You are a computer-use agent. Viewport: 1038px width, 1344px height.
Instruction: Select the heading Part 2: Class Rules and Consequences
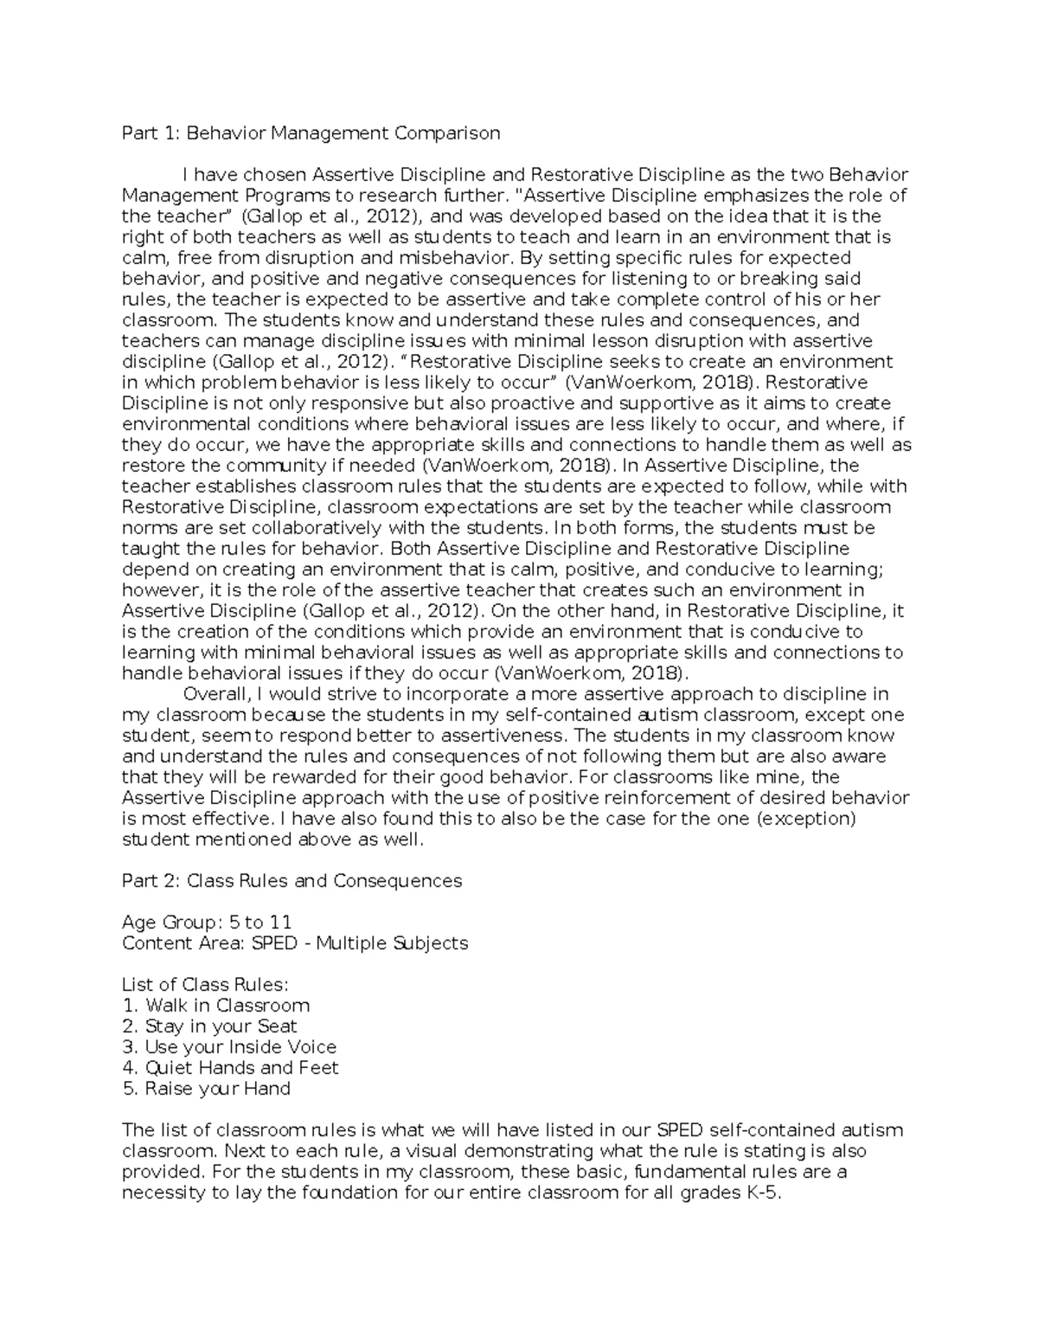(x=292, y=881)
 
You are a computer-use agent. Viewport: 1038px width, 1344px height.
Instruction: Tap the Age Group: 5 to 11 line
(x=207, y=923)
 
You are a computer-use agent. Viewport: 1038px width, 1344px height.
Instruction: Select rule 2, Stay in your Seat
(x=210, y=1026)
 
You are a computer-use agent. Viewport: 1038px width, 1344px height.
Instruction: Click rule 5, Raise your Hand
(x=207, y=1089)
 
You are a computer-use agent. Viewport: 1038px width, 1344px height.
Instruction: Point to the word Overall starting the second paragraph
(x=215, y=694)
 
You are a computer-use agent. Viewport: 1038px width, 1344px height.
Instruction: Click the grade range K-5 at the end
(x=760, y=1193)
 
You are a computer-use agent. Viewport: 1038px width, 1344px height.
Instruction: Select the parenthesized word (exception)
(x=805, y=819)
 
